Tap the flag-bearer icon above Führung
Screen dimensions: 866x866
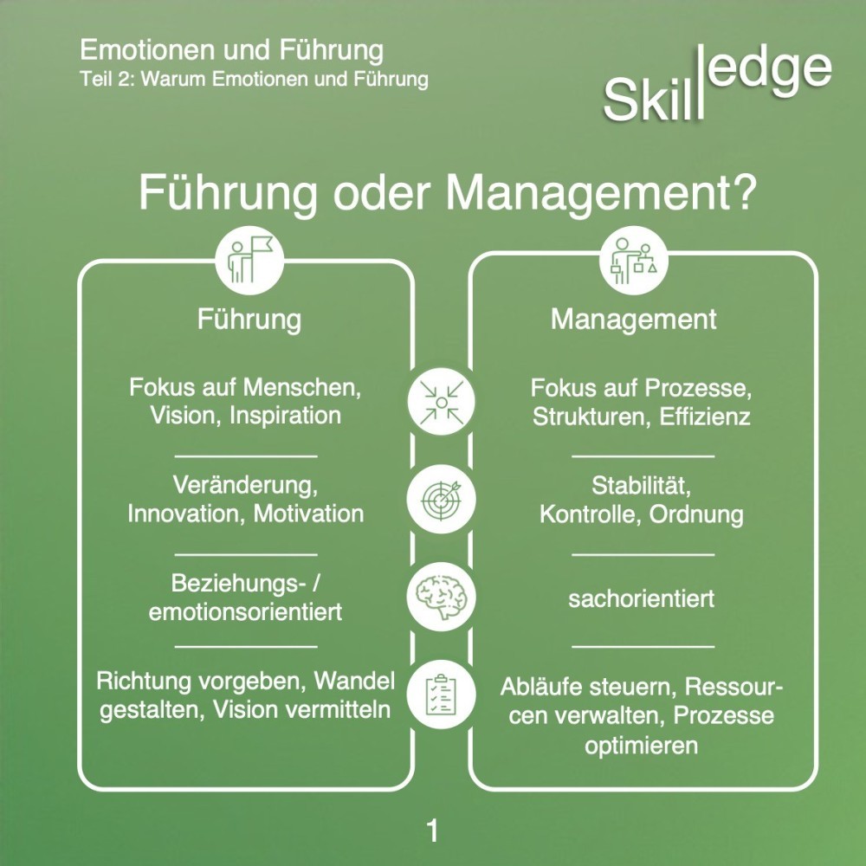[x=245, y=257]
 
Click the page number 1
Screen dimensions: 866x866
[x=432, y=831]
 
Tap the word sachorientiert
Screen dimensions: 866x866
[x=642, y=598]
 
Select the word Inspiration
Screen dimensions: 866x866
[x=286, y=415]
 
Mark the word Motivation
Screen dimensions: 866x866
[x=308, y=513]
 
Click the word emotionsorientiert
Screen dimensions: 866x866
[x=245, y=611]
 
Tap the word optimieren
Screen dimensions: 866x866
[x=641, y=745]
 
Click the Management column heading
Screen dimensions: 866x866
[x=634, y=319]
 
